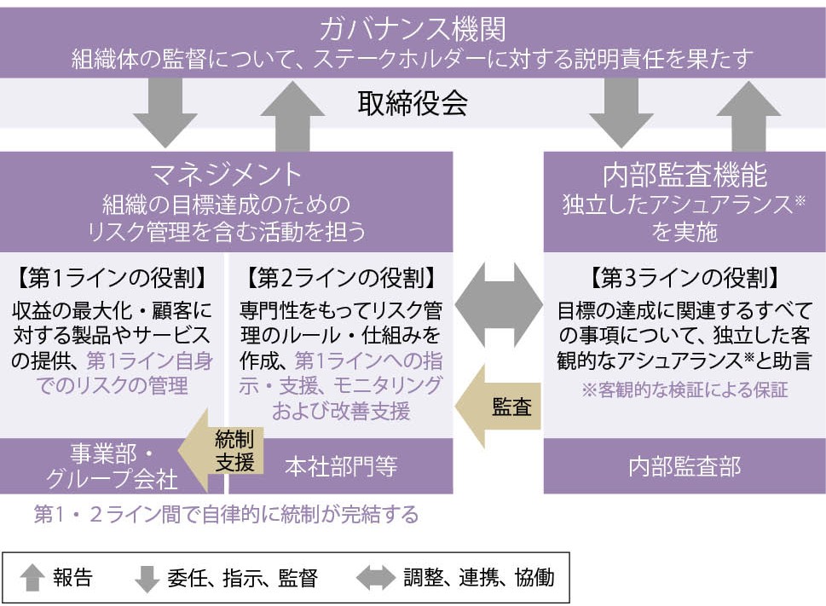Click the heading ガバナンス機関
[413, 29]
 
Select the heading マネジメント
[226, 174]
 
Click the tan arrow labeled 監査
[499, 407]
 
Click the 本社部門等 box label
[341, 466]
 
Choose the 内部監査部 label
[684, 466]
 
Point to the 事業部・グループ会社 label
[112, 465]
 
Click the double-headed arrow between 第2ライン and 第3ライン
[499, 300]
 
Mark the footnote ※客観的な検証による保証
[684, 391]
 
